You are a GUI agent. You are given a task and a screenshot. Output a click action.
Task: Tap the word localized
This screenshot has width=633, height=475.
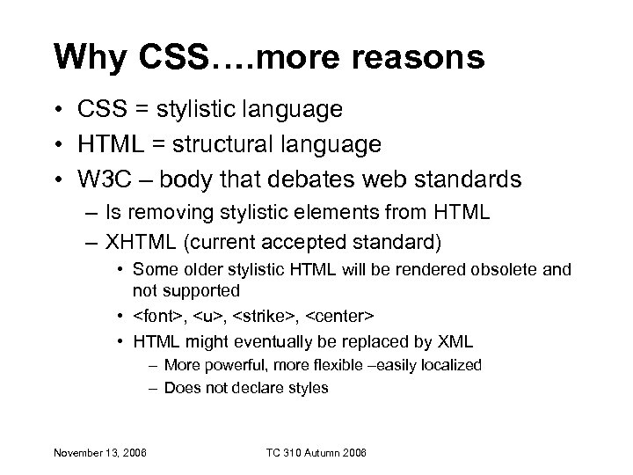(451, 364)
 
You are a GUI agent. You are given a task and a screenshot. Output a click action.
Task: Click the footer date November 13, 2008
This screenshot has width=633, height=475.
(100, 453)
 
